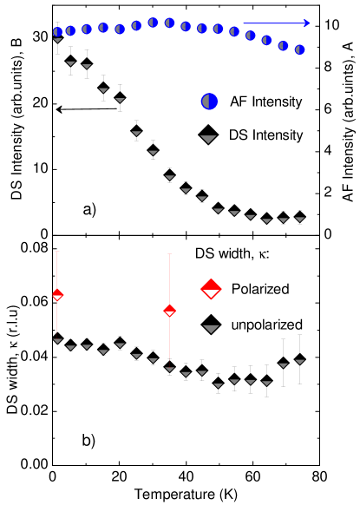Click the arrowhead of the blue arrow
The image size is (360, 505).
pyautogui.click(x=308, y=23)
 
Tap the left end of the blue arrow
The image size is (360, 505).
pyautogui.click(x=244, y=23)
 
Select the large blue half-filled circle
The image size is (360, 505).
pyautogui.click(x=209, y=102)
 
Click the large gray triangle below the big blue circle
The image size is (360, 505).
pyautogui.click(x=208, y=139)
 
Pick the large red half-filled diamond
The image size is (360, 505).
pyautogui.click(x=211, y=289)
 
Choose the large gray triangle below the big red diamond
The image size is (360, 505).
pyautogui.click(x=211, y=329)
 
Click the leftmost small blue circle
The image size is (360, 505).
pyautogui.click(x=58, y=32)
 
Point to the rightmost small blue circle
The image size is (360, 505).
pyautogui.click(x=299, y=49)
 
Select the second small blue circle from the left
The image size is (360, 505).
pyautogui.click(x=71, y=30)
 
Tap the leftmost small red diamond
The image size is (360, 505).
pyautogui.click(x=57, y=295)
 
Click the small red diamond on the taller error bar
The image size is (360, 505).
pyautogui.click(x=169, y=311)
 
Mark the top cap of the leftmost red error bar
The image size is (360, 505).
pyautogui.click(x=57, y=252)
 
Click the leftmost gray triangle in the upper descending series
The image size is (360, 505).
pyautogui.click(x=58, y=40)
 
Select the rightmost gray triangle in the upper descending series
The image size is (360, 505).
pyautogui.click(x=299, y=219)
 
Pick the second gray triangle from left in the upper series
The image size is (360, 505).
pyautogui.click(x=71, y=62)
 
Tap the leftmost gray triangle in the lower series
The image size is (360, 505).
pyautogui.click(x=58, y=341)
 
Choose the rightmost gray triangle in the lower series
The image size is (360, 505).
pyautogui.click(x=299, y=361)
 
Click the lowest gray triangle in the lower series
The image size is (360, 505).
pyautogui.click(x=218, y=385)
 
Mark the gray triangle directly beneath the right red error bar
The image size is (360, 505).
pyautogui.click(x=169, y=369)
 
